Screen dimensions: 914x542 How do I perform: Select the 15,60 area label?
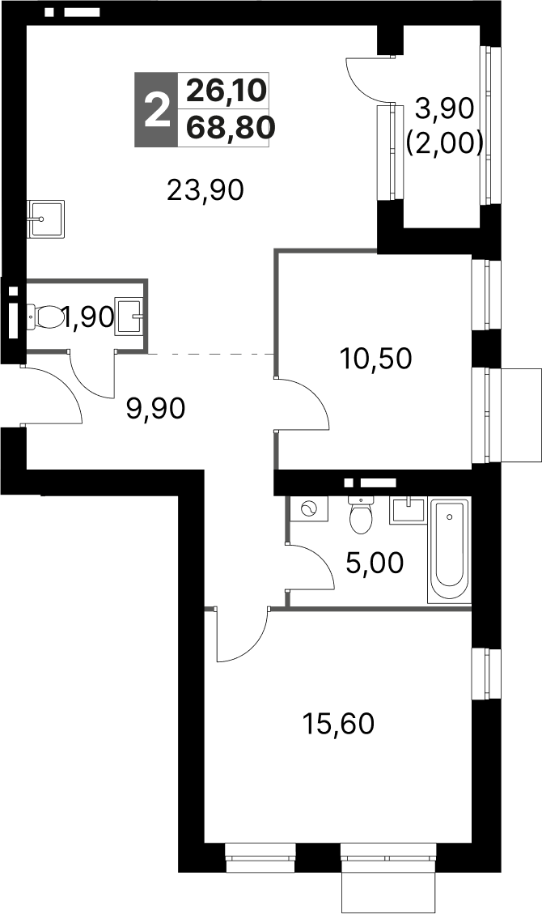[x=338, y=722]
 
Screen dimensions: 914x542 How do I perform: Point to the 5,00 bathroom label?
[x=374, y=562]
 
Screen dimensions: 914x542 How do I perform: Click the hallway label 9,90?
[x=156, y=409]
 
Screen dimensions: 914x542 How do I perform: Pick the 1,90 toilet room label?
[x=88, y=317]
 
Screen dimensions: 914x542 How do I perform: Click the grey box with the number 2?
[x=155, y=109]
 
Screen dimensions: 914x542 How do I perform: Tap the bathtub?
[x=449, y=551]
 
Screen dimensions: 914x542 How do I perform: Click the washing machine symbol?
[x=308, y=509]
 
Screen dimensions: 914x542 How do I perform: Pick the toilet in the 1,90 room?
[x=46, y=317]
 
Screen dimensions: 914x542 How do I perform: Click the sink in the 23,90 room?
[x=45, y=219]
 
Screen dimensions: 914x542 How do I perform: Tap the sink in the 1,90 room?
[x=130, y=316]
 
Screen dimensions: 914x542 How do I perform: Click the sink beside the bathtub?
[x=407, y=511]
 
